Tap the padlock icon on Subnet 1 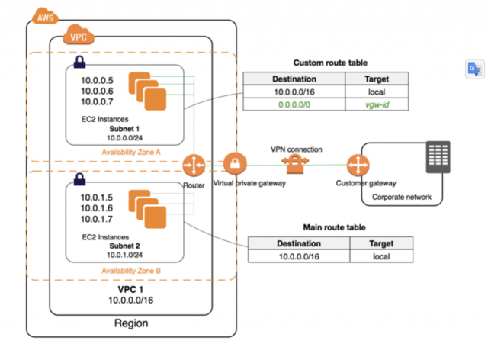click(79, 61)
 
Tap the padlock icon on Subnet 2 click(79, 182)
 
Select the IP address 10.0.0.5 click(98, 80)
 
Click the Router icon click(194, 164)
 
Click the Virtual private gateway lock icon click(234, 164)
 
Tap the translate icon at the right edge click(474, 69)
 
